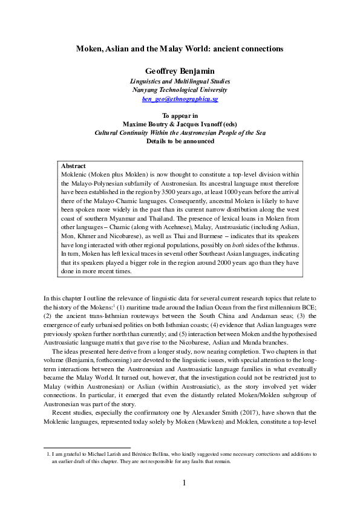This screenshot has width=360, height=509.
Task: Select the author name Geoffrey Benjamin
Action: (x=180, y=70)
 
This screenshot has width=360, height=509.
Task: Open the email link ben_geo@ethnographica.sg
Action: (x=180, y=98)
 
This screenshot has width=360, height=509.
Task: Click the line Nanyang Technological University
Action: (x=180, y=89)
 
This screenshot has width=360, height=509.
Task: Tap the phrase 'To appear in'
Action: (x=180, y=114)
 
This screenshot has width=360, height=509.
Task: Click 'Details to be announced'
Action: (x=180, y=141)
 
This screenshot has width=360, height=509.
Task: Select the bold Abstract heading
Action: (x=74, y=165)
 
